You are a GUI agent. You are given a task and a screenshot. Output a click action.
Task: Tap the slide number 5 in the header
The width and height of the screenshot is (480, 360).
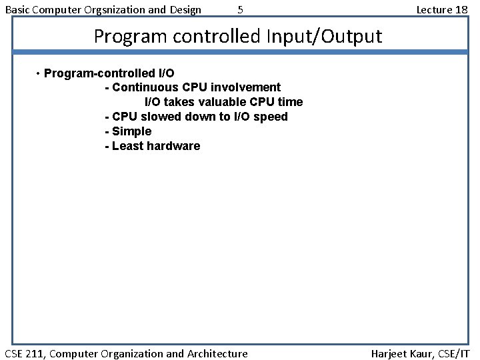pos(241,9)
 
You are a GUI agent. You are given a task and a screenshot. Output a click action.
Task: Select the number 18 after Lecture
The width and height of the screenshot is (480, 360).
pos(461,9)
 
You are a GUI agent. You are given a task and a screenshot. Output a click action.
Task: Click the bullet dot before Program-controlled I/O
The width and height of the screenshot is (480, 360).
pos(38,73)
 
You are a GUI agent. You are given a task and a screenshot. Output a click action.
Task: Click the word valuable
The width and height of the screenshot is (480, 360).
pos(217,102)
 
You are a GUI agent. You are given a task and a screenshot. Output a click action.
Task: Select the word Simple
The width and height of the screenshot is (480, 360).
pos(132,131)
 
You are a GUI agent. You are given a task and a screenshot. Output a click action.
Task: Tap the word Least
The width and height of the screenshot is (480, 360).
pos(127,146)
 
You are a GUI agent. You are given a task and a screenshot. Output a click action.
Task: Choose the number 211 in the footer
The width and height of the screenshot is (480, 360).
pos(35,353)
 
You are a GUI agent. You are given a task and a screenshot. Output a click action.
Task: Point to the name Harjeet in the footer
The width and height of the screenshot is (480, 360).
pos(389,353)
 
